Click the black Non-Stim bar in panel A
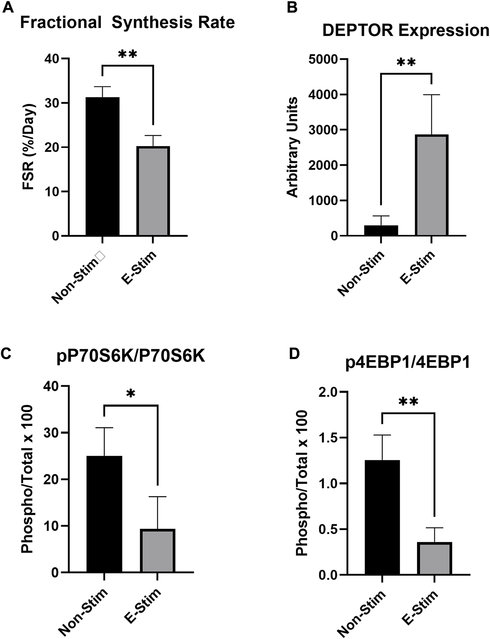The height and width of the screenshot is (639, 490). point(102,167)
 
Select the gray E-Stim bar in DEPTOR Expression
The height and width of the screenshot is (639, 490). point(431,185)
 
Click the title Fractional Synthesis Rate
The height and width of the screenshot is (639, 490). point(127,23)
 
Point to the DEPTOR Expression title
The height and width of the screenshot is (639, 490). point(406,30)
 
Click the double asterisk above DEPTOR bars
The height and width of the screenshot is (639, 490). point(406,63)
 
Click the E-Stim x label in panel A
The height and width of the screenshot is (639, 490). point(139,269)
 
